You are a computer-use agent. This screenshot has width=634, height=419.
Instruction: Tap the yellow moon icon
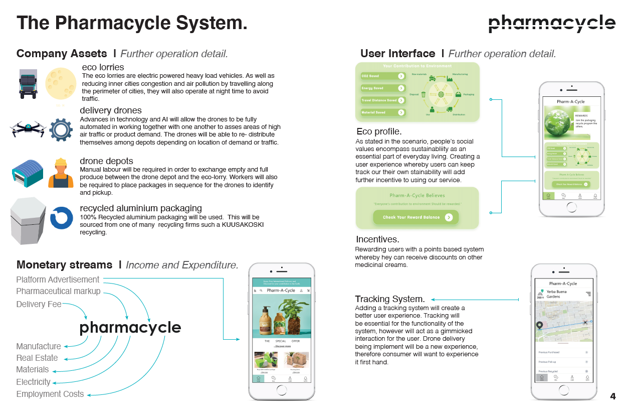click(x=61, y=84)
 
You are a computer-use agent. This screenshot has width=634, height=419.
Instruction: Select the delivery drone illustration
click(x=28, y=128)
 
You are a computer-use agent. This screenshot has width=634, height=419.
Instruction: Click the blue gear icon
click(x=61, y=129)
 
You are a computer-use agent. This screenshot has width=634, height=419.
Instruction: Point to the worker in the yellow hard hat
click(x=61, y=173)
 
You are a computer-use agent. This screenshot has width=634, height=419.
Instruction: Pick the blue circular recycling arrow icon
click(x=62, y=218)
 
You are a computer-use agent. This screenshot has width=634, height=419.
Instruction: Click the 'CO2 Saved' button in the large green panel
click(x=383, y=76)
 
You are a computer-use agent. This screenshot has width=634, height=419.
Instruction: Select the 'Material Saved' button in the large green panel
click(x=383, y=112)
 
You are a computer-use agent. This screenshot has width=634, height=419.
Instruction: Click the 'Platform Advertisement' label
click(x=58, y=280)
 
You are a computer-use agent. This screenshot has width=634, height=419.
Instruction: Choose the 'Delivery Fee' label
click(x=39, y=304)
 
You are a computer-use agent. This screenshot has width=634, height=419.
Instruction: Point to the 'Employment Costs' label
click(x=50, y=394)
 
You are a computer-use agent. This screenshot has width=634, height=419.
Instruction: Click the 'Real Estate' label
click(x=37, y=358)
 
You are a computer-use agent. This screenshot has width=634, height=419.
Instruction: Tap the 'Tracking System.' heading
click(x=390, y=299)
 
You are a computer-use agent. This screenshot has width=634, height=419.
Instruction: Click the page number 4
click(x=612, y=396)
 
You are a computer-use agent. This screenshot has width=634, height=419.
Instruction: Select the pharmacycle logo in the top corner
click(x=552, y=23)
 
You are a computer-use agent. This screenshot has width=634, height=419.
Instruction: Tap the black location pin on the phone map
click(x=539, y=326)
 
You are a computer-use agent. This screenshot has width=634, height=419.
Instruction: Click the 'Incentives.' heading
click(x=377, y=239)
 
